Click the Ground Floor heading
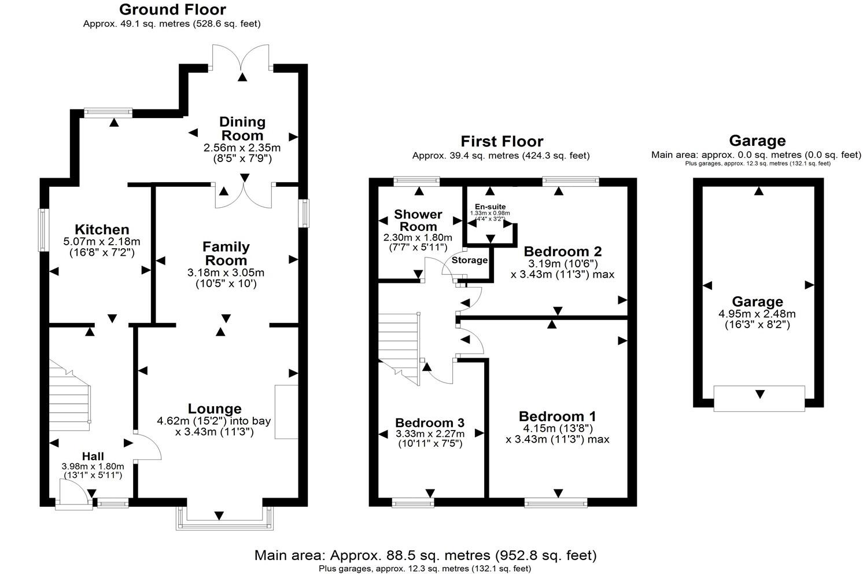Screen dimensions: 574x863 coord(172,10)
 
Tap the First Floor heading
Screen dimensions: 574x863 coord(501,141)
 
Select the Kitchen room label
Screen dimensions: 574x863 coord(102,229)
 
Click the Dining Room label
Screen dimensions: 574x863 coord(242,128)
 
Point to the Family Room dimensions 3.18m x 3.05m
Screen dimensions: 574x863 coord(226,273)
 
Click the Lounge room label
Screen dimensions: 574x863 coord(215,409)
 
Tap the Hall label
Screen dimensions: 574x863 coord(93,457)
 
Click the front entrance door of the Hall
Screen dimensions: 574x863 coord(74,497)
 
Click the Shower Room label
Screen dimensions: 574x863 coord(418,220)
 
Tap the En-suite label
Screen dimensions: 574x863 coord(490,207)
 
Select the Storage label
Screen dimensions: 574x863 coord(470,260)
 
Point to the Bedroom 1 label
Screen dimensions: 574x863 coord(557,416)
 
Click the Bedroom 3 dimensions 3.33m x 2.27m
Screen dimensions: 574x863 coord(430,434)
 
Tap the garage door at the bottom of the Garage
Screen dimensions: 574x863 coord(759,398)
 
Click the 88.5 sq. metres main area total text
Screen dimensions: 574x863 coord(425,555)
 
